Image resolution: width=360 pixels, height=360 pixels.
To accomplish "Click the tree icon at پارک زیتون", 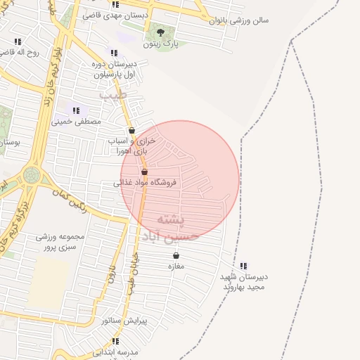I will tap(160, 32).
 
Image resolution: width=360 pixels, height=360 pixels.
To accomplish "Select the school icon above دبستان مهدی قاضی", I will tap(115, 4).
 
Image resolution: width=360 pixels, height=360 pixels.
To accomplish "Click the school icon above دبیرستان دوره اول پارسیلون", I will tap(114, 53).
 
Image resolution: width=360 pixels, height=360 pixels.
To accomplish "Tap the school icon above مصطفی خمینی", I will tap(76, 110).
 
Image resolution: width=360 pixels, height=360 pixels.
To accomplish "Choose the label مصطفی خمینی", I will tap(76, 122).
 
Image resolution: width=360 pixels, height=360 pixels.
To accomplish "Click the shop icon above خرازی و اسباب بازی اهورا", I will tap(131, 130).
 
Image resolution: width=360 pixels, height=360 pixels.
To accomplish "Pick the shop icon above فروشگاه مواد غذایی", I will tap(144, 172).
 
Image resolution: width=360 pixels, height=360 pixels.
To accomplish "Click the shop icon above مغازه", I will tap(175, 256).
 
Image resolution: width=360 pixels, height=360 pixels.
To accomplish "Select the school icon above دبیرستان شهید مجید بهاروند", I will tap(243, 266).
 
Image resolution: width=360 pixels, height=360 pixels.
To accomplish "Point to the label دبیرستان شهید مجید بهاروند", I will tap(243, 282).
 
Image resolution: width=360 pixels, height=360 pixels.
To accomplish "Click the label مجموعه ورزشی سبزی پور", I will tap(60, 241).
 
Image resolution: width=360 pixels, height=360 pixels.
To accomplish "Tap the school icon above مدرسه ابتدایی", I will tap(114, 340).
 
